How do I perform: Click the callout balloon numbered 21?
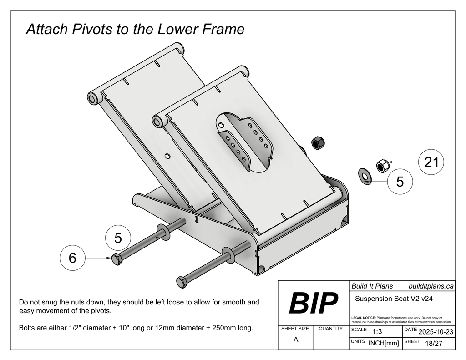pyautogui.click(x=431, y=162)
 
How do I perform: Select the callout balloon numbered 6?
pyautogui.click(x=72, y=258)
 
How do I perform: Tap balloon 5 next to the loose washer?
pyautogui.click(x=400, y=182)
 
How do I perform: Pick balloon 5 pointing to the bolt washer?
pyautogui.click(x=118, y=238)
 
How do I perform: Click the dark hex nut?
pyautogui.click(x=317, y=143)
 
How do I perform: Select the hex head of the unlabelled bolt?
pyautogui.click(x=182, y=282)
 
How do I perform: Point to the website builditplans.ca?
pyautogui.click(x=431, y=286)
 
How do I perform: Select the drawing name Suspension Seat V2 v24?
pyautogui.click(x=393, y=299)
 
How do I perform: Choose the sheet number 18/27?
pyautogui.click(x=433, y=343)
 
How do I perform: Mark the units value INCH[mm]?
pyautogui.click(x=383, y=343)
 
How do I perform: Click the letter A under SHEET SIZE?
pyautogui.click(x=296, y=340)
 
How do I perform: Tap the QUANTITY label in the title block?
pyautogui.click(x=330, y=328)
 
